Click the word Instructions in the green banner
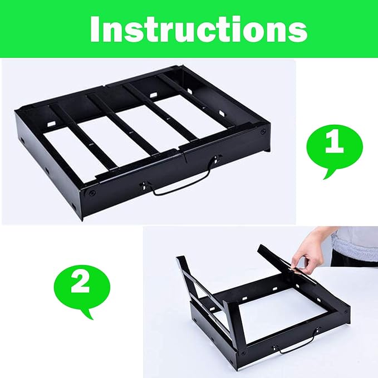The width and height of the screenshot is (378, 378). [199, 30]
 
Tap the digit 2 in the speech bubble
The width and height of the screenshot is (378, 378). [80, 283]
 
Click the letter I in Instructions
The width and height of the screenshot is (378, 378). [95, 30]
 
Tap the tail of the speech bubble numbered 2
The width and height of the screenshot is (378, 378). [88, 313]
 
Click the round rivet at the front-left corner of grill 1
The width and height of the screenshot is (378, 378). [92, 193]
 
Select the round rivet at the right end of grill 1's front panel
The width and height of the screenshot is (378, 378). [263, 131]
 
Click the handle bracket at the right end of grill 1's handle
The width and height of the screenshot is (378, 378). [216, 159]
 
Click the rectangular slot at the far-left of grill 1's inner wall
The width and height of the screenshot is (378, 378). [51, 124]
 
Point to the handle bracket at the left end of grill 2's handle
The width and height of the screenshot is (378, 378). [276, 348]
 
